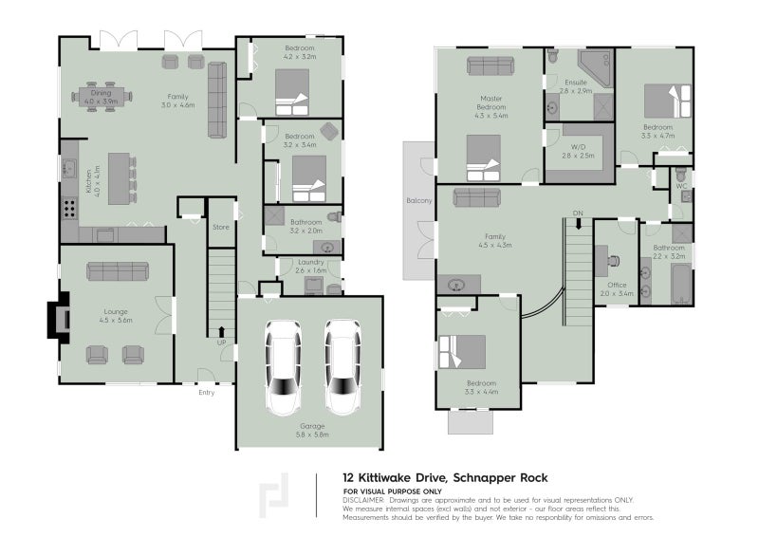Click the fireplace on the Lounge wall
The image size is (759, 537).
tap(60, 320)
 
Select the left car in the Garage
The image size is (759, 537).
tap(283, 367)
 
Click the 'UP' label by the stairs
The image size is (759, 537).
tap(221, 343)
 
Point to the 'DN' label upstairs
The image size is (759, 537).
tap(576, 212)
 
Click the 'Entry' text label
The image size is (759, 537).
tap(206, 392)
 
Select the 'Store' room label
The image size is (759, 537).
tap(221, 227)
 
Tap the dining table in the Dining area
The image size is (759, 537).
tap(102, 95)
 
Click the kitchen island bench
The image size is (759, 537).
tap(120, 178)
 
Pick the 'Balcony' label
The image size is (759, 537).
tap(419, 201)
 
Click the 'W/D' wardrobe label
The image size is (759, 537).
tap(578, 147)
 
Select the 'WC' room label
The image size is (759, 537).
tap(680, 186)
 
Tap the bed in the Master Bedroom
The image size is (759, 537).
tap(484, 157)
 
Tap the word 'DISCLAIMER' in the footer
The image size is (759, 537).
tap(363, 499)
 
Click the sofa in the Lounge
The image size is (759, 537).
tap(118, 271)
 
